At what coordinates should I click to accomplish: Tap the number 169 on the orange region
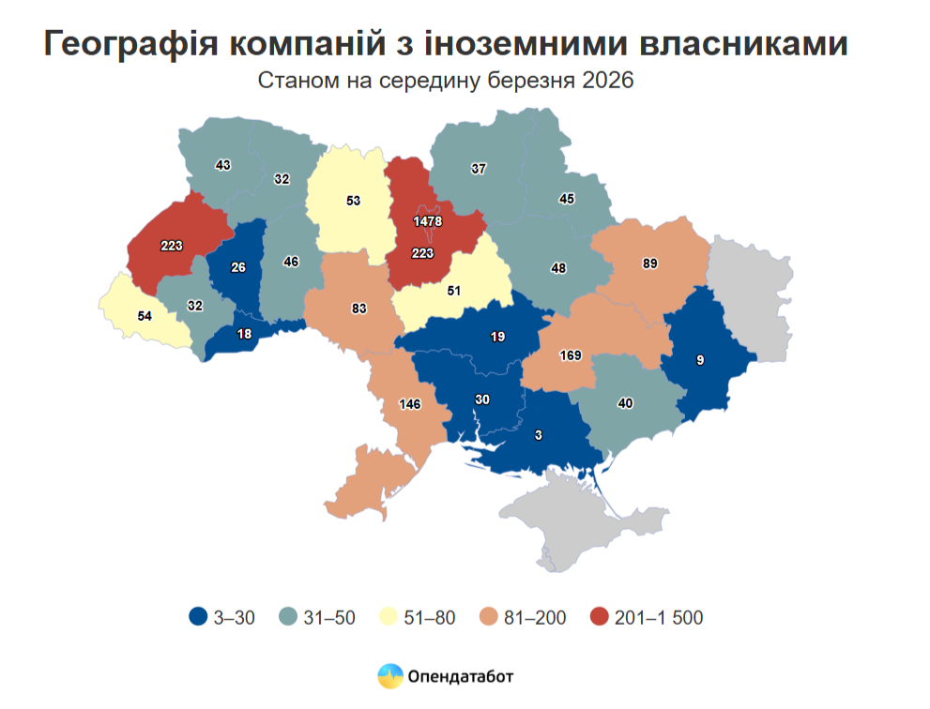click(570, 355)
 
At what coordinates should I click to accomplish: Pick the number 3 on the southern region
click(539, 434)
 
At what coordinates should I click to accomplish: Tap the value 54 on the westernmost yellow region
click(145, 316)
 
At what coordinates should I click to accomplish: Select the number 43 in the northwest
click(223, 164)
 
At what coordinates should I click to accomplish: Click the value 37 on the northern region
click(479, 169)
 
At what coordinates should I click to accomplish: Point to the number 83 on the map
click(358, 308)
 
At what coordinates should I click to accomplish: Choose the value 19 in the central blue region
click(497, 335)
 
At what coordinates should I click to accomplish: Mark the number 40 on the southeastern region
click(624, 403)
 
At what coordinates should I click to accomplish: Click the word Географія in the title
click(130, 44)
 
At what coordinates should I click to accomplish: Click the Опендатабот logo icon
click(389, 675)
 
